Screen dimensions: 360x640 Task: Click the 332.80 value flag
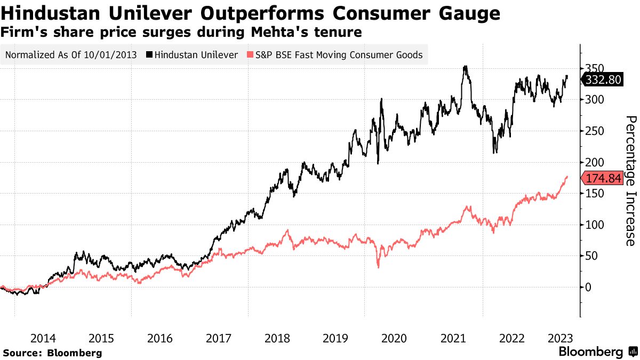(604, 80)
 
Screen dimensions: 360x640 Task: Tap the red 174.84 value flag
(604, 179)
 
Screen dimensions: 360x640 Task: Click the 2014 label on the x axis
(44, 338)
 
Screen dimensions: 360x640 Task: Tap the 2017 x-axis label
(219, 338)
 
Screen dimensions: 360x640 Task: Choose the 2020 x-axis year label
(394, 338)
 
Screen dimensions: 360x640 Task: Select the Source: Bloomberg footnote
(52, 353)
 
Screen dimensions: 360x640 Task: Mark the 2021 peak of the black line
(466, 67)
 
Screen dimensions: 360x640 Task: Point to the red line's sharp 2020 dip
(378, 266)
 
